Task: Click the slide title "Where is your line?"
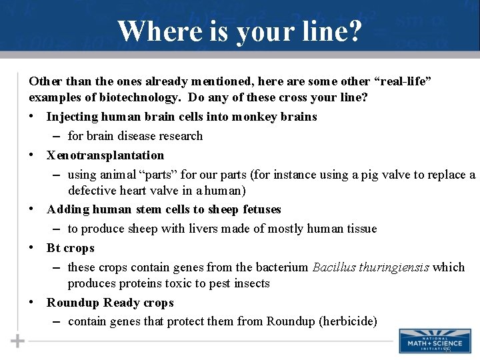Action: pyautogui.click(x=240, y=31)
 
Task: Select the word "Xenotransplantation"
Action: pyautogui.click(x=105, y=155)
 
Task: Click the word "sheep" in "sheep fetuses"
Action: pyautogui.click(x=223, y=209)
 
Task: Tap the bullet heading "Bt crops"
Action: pyautogui.click(x=71, y=248)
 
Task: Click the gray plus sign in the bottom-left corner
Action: pyautogui.click(x=17, y=341)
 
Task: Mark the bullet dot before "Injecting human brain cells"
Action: pyautogui.click(x=33, y=117)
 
